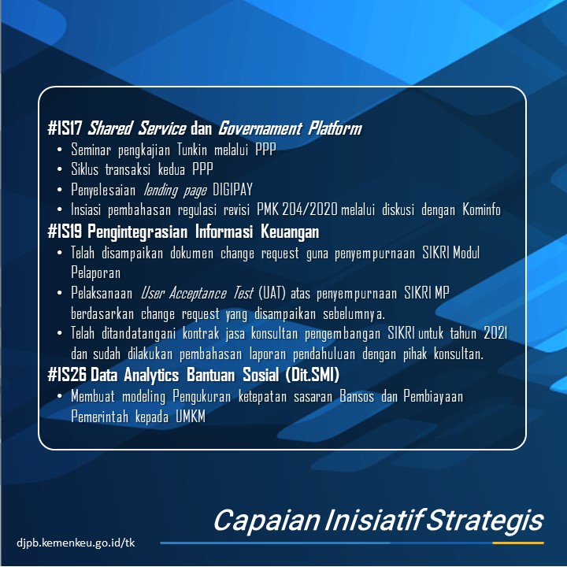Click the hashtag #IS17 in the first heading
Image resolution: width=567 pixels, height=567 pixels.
65,128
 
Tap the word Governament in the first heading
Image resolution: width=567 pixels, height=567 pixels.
260,128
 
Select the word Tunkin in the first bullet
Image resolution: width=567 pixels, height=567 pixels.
192,150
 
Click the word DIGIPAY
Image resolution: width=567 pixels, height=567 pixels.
232,190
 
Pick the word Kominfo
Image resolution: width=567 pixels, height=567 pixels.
481,209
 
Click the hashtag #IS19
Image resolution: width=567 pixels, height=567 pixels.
65,232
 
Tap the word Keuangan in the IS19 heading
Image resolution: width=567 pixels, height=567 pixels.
290,232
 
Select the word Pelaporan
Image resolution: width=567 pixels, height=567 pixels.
95,272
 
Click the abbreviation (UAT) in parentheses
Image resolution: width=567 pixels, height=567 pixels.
272,293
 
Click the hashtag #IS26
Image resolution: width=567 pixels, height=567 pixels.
67,375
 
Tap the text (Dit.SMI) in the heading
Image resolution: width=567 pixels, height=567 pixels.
312,375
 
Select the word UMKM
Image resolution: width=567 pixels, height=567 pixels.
191,417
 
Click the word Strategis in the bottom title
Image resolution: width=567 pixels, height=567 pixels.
485,521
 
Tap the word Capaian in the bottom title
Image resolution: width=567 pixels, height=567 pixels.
267,520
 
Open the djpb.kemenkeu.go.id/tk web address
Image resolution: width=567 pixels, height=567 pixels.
76,543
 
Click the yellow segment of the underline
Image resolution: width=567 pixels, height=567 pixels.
518,543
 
